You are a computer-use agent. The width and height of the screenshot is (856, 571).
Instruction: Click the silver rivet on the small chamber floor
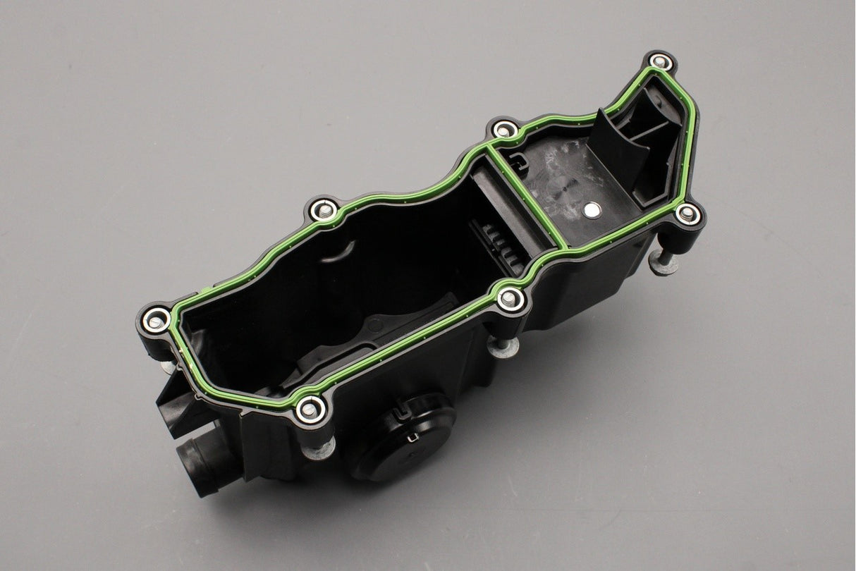(593, 209)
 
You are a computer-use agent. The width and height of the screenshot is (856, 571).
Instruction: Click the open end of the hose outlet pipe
(194, 466)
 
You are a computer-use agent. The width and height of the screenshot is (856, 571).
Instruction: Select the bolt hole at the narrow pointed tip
(661, 62)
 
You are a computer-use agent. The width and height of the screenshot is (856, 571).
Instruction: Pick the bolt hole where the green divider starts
(505, 129)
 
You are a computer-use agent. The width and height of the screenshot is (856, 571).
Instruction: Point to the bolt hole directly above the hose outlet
(155, 319)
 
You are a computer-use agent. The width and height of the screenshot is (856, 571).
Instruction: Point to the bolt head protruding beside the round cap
(322, 448)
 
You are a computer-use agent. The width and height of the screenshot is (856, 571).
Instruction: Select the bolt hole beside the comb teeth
(510, 299)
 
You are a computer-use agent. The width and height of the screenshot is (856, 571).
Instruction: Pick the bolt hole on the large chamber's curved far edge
(323, 210)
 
